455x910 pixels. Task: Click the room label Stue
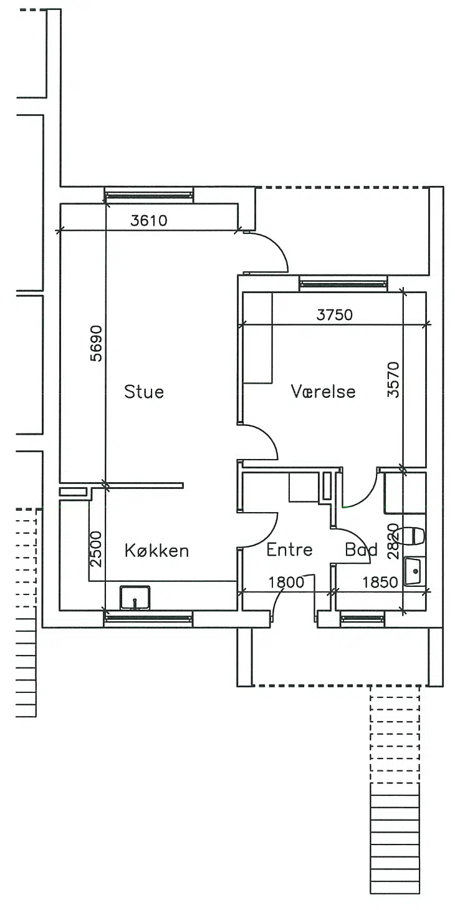(144, 392)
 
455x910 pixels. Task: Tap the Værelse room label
(323, 391)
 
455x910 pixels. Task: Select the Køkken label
(156, 551)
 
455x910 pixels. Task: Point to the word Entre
(289, 549)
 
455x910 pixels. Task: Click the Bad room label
(361, 549)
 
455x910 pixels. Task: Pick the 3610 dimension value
(148, 220)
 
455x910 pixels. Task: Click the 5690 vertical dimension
(96, 343)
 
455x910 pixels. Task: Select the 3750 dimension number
(335, 314)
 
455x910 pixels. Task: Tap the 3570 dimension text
(393, 380)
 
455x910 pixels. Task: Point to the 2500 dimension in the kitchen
(96, 549)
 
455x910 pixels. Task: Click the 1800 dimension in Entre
(286, 582)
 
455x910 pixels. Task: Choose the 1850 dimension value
(380, 582)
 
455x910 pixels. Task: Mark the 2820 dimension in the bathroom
(393, 541)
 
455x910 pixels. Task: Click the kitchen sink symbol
(135, 598)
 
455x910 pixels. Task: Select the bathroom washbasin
(415, 571)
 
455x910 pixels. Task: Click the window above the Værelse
(343, 284)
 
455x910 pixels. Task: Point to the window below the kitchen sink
(148, 619)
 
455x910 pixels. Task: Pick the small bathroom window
(363, 619)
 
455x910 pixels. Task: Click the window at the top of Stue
(148, 195)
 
